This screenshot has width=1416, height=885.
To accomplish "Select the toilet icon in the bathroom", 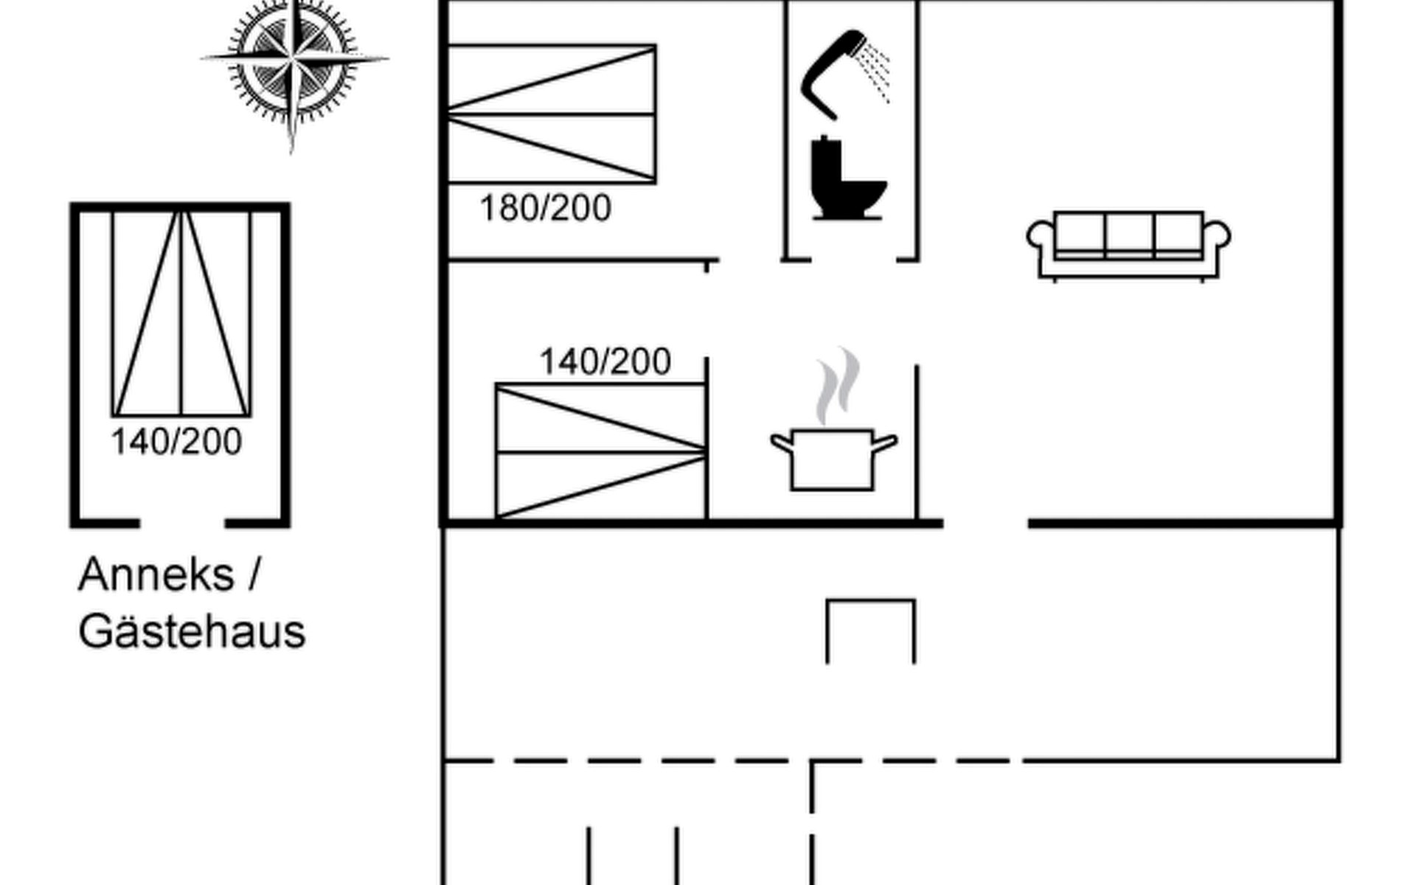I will pos(847,178).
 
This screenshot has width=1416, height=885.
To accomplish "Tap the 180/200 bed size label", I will pos(545,209).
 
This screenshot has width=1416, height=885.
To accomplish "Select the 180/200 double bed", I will pos(551,114).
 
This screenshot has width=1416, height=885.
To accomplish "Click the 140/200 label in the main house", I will pos(605,362).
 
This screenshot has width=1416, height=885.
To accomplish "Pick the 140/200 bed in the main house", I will pos(600,451).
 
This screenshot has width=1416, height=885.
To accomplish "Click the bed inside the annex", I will pos(181,313).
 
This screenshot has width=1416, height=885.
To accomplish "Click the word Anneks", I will pos(156,575).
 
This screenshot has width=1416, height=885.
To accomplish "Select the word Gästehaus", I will pos(192,632).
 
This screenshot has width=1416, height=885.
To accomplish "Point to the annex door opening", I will pos(182,524).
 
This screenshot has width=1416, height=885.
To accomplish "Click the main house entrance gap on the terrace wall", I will pos(985,524).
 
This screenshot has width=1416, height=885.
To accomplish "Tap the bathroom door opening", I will pos(853,260).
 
